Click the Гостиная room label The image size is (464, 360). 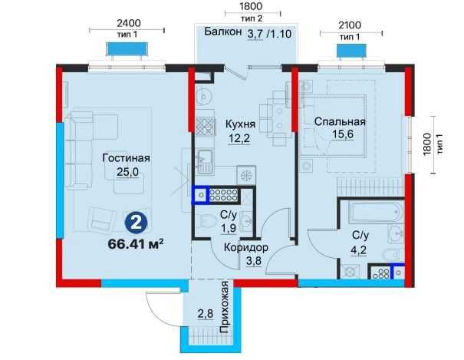coord(126,158)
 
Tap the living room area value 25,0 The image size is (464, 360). coord(127,172)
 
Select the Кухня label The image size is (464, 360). coord(240,124)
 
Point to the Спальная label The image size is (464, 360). coord(340,122)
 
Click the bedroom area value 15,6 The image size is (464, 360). coord(342,134)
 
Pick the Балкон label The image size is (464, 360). coord(223,31)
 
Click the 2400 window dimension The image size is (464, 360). coord(129,23)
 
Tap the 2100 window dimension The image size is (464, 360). coord(350,25)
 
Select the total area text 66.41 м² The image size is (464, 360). coord(136,244)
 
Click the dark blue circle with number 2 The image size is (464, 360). coord(136,224)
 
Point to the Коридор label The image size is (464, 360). coord(246,247)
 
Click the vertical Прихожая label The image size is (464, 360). coord(225,307)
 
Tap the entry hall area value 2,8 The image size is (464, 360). coord(206,313)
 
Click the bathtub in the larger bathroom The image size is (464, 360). coord(376,212)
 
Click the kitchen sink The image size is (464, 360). coord(204,161)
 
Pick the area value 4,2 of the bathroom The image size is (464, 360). coord(359,250)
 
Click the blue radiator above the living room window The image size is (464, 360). coord(127,49)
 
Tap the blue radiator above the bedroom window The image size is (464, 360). coord(351,51)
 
